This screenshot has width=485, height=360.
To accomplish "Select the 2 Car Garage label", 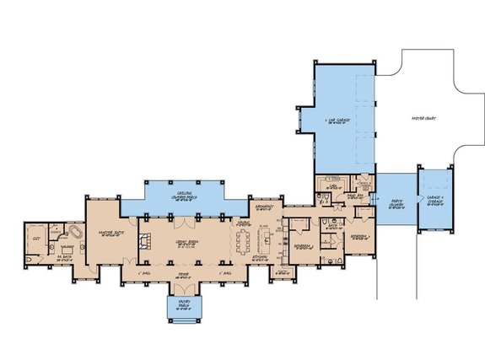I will click(x=337, y=124).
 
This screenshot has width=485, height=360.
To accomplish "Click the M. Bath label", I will click(x=63, y=259).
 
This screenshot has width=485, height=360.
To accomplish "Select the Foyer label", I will click(x=181, y=273).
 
